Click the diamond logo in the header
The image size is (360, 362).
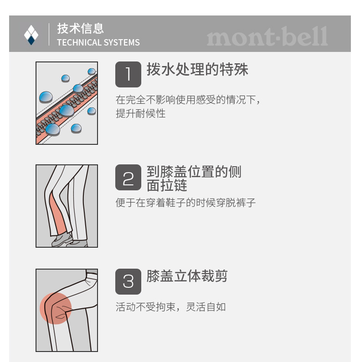pos(31,35)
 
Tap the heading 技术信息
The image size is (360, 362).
pos(80,28)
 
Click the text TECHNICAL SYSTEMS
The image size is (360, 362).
pos(98,42)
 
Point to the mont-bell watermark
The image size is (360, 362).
pos(267,36)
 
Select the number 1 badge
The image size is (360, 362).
pos(128,74)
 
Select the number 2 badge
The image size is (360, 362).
pos(128,177)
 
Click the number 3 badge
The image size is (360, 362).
pos(128,281)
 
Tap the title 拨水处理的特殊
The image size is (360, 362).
pos(198,69)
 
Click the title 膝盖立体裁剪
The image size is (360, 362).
pos(187,276)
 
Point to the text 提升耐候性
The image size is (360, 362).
pos(141,113)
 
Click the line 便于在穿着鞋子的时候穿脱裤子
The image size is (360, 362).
pos(185,203)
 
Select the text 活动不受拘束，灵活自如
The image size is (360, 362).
pos(171,307)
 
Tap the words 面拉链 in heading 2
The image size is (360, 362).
pos(167,185)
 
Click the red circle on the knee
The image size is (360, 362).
pos(56,308)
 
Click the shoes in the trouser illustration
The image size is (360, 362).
pos(69,240)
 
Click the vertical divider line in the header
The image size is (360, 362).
pos(49,34)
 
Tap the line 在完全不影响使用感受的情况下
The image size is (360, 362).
pos(188,100)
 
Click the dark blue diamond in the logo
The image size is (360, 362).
pos(31,41)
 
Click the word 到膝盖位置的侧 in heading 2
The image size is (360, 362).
pos(194,172)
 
